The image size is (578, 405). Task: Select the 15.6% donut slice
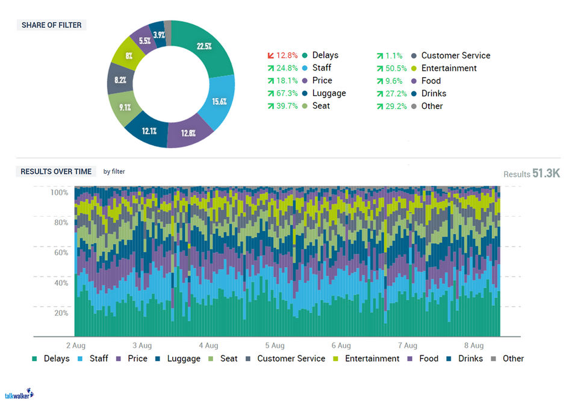pyautogui.click(x=218, y=100)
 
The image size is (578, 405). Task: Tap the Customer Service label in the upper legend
pyautogui.click(x=455, y=55)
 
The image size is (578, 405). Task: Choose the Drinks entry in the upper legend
pyautogui.click(x=433, y=93)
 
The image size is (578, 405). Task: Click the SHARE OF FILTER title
pyautogui.click(x=52, y=25)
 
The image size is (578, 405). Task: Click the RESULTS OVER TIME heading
pyautogui.click(x=56, y=172)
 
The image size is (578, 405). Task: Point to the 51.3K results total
pyautogui.click(x=546, y=173)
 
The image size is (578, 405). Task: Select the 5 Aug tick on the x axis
pyautogui.click(x=274, y=346)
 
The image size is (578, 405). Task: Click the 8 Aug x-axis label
pyautogui.click(x=474, y=346)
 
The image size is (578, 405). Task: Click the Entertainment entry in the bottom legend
pyautogui.click(x=371, y=359)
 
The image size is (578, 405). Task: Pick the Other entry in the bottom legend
pyautogui.click(x=513, y=359)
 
